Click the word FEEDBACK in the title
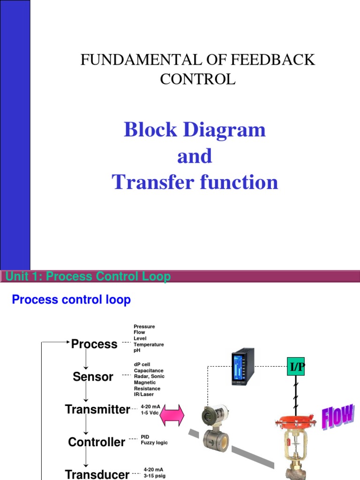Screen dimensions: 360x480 [x=272, y=60]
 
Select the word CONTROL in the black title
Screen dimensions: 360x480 [x=198, y=79]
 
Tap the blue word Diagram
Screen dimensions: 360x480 [x=224, y=130]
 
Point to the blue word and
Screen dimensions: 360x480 [x=195, y=156]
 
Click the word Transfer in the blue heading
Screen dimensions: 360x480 [x=153, y=182]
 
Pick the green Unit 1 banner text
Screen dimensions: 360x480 [x=88, y=277]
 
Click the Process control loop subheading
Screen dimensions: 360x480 [x=71, y=300]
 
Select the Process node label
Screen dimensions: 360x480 [x=94, y=344]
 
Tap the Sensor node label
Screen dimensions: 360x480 [x=93, y=376]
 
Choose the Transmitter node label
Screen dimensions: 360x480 [x=97, y=409]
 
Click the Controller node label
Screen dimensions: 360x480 [x=97, y=442]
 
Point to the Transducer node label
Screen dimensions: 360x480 [x=97, y=474]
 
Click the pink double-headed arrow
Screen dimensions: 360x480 [x=172, y=415]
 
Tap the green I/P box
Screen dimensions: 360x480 [x=296, y=366]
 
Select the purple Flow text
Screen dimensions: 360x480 [x=338, y=417]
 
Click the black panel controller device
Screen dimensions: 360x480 [x=243, y=367]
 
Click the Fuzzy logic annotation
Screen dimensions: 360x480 [x=154, y=442]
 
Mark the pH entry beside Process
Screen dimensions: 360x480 [x=137, y=350]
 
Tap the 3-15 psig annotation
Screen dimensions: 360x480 [x=155, y=476]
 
